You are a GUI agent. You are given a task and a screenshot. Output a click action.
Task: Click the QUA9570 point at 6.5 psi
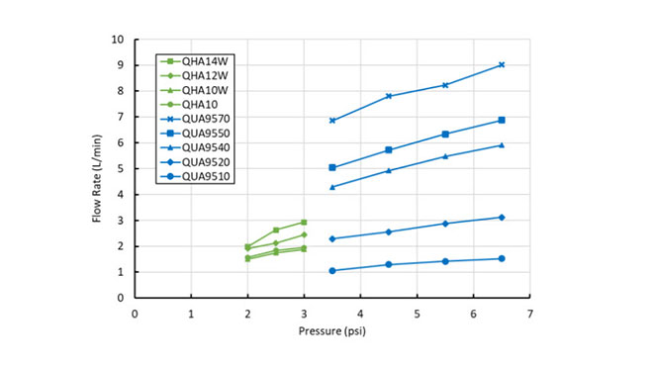tap(502, 65)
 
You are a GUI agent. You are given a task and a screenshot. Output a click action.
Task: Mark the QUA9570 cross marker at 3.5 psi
tap(332, 121)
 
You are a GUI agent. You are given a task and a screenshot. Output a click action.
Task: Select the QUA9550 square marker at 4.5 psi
tap(389, 150)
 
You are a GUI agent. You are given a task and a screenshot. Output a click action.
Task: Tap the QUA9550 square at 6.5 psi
tap(502, 121)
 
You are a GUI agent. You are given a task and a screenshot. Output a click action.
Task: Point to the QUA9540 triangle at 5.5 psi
tap(445, 156)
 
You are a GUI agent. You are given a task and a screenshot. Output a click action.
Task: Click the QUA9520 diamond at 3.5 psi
tap(332, 238)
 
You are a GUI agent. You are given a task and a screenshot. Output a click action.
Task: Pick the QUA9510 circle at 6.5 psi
tap(502, 258)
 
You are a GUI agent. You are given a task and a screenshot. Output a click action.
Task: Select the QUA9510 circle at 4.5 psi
tap(389, 264)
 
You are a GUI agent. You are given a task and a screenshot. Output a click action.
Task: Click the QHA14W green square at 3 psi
tap(304, 223)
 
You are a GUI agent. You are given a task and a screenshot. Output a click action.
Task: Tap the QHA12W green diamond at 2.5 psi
tap(276, 243)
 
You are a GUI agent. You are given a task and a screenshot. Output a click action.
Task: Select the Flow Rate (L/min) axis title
tap(98, 169)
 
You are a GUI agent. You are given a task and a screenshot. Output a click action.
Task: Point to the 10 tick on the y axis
tap(119, 40)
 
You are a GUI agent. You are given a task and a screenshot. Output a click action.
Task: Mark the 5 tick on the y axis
tap(122, 168)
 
